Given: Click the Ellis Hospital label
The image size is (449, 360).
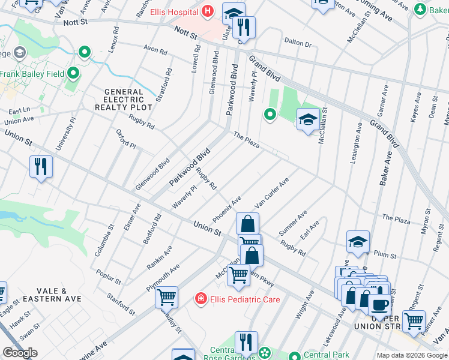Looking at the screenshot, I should click(175, 11).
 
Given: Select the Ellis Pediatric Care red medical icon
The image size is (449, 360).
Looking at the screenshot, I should click(200, 298).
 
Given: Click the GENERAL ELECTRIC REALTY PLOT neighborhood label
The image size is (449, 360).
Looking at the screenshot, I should click(119, 100).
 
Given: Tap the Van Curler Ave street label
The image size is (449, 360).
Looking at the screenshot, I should click(272, 192).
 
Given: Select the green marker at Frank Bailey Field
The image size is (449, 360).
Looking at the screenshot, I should click(73, 73).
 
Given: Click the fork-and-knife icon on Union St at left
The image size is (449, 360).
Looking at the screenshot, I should click(41, 166).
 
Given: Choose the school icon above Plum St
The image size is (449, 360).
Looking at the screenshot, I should click(358, 241).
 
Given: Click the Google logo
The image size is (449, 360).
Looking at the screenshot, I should click(20, 353).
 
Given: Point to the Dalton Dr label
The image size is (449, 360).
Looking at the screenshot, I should click(298, 43).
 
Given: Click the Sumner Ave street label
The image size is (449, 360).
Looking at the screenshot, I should click(293, 223).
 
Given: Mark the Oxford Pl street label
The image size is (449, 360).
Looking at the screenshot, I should click(126, 139).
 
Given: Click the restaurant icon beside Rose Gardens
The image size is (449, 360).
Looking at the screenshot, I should click(246, 342).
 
